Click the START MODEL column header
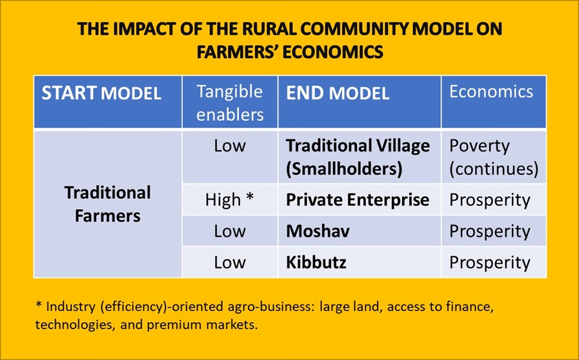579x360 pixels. [108, 102]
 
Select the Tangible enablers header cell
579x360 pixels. [230, 102]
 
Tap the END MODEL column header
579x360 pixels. [360, 102]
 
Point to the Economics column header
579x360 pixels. [494, 102]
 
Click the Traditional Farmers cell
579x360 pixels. [108, 204]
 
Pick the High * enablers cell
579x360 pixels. [230, 200]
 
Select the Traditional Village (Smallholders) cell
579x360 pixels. [360, 157]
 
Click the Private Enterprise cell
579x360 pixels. [360, 200]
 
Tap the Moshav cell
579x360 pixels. [360, 231]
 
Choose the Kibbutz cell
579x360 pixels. [360, 262]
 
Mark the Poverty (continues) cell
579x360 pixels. [494, 157]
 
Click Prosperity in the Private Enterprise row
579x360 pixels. [490, 201]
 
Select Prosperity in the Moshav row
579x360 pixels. [490, 232]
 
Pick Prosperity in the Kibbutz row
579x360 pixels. [490, 263]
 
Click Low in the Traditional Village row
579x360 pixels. [230, 146]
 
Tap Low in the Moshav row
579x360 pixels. [230, 232]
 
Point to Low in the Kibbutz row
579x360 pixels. [230, 263]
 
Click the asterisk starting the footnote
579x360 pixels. [39, 305]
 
